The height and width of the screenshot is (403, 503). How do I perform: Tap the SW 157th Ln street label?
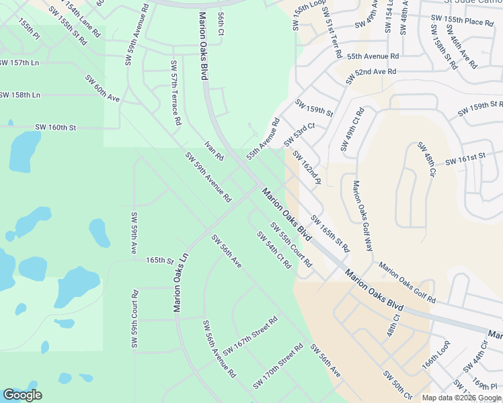click(x=20, y=62)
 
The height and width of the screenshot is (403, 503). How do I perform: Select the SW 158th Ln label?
click(x=20, y=95)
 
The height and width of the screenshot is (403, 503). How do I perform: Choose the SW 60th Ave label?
click(x=102, y=89)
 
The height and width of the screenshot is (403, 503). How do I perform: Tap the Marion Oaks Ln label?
click(x=180, y=282)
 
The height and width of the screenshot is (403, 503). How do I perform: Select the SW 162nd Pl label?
click(x=307, y=168)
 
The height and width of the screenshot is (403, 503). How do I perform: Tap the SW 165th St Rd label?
click(x=330, y=233)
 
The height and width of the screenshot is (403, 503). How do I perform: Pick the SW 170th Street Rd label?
click(x=278, y=367)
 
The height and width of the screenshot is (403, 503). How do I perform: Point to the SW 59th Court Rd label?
click(x=135, y=319)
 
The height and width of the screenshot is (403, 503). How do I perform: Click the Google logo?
click(x=23, y=395)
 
